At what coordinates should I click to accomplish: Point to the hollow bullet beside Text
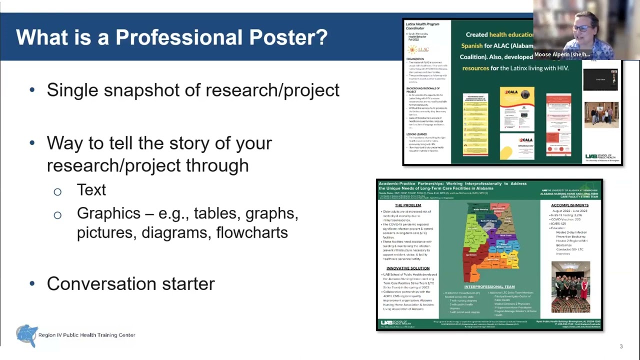pyautogui.click(x=57, y=191)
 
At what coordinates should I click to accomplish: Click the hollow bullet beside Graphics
pyautogui.click(x=57, y=215)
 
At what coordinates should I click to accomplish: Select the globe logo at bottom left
pyautogui.click(x=26, y=335)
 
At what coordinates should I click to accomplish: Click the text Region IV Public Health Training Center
pyautogui.click(x=86, y=335)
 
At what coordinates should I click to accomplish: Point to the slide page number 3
pyautogui.click(x=621, y=346)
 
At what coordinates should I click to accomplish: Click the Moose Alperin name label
pyautogui.click(x=562, y=54)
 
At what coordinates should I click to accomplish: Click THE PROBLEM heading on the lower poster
pyautogui.click(x=408, y=205)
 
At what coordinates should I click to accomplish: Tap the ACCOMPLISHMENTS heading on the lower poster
pyautogui.click(x=569, y=205)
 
